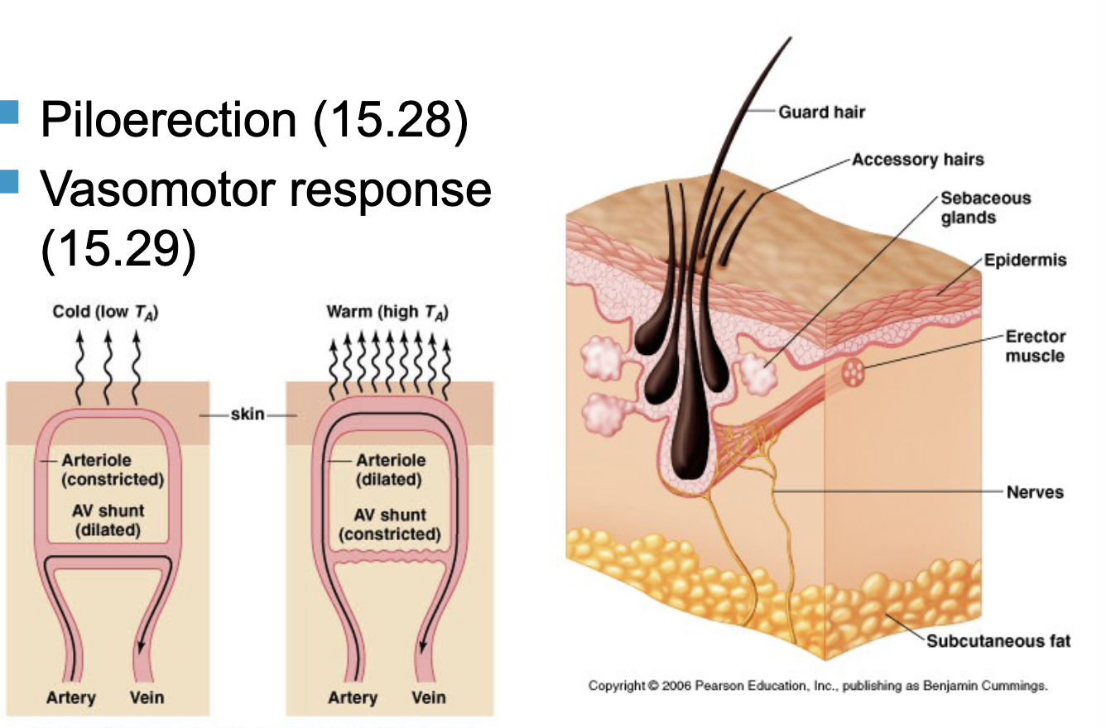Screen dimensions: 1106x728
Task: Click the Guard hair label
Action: pos(821,112)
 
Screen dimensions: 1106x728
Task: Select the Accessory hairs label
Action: pos(918,160)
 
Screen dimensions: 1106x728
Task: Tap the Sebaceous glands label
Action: pos(985,208)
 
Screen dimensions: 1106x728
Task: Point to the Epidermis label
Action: pos(1025,260)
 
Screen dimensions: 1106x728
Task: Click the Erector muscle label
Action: pos(1036,346)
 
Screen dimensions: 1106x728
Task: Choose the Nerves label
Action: pos(1035,492)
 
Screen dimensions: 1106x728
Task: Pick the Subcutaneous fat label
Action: pos(998,640)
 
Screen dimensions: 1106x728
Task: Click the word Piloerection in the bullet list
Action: pos(169,119)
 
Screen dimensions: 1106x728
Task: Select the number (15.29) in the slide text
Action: pos(118,248)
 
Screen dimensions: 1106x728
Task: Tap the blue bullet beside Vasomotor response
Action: pos(8,182)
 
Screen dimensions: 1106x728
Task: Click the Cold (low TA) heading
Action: pos(105,312)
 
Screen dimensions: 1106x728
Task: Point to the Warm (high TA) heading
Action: pos(387,312)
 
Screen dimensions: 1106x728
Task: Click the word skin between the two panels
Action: pos(248,414)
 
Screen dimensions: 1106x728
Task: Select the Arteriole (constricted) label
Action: pos(112,469)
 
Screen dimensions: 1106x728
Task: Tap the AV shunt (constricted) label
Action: pos(390,524)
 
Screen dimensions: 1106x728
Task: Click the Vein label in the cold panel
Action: pos(147,697)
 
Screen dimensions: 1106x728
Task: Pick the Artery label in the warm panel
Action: pos(353,697)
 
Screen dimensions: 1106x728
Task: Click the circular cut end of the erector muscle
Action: pos(854,371)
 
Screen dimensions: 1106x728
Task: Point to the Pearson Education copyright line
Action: pos(818,686)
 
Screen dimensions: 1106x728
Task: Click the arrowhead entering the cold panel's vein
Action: pos(142,645)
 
